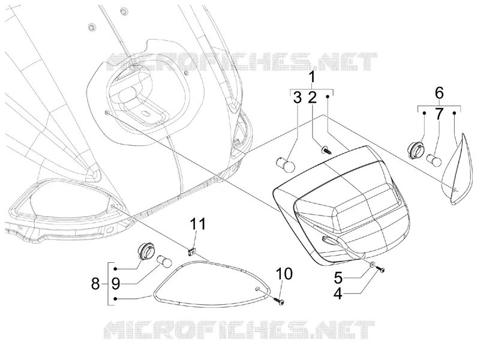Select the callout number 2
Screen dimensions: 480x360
[x=312, y=97]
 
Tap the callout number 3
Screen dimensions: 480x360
[x=297, y=97]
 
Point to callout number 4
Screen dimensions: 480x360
[x=338, y=293]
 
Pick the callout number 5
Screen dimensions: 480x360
[x=338, y=278]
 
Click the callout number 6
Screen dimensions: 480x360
[x=439, y=93]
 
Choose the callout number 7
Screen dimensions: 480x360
[x=439, y=114]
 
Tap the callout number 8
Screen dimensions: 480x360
[x=95, y=284]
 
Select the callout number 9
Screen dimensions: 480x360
[x=115, y=284]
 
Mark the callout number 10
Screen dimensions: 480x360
[x=284, y=274]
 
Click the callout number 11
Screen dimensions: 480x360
[x=198, y=224]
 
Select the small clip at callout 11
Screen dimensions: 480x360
[x=191, y=251]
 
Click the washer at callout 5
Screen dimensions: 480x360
[x=372, y=265]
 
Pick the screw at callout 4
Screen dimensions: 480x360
[x=380, y=269]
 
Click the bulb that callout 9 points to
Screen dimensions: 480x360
[x=164, y=262]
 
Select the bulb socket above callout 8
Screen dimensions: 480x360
[x=144, y=251]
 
